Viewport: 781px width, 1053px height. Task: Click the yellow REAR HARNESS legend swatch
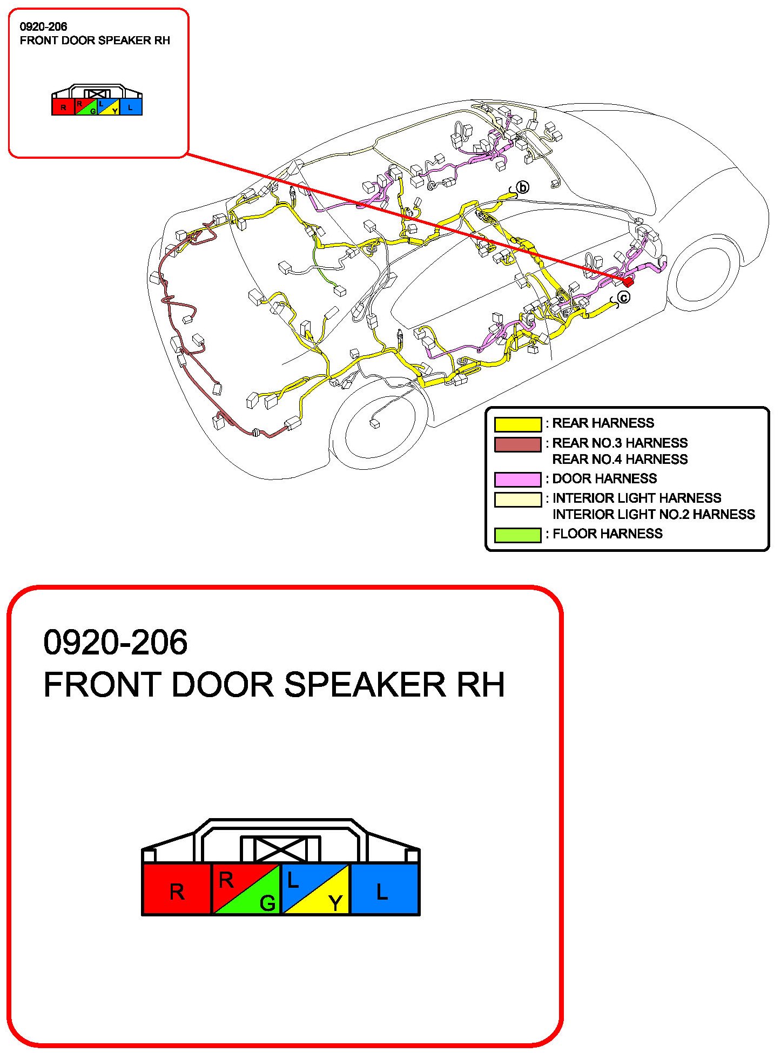517,424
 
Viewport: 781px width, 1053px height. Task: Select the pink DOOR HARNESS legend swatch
517,480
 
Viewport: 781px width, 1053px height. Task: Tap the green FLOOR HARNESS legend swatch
517,535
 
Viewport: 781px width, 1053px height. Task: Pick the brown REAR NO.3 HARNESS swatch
517,444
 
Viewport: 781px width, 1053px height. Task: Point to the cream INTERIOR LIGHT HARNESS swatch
517,500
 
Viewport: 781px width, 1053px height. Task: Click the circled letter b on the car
522,187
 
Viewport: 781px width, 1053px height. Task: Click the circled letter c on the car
623,298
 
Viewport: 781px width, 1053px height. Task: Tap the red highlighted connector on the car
628,281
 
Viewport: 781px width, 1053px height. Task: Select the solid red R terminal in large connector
177,889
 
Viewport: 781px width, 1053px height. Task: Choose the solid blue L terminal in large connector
384,889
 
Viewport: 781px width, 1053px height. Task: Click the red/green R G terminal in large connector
246,889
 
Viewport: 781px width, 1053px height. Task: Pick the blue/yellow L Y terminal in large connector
315,889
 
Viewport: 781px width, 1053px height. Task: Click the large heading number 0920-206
115,643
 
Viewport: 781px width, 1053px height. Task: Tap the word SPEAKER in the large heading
365,685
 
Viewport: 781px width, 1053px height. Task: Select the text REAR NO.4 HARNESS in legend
620,460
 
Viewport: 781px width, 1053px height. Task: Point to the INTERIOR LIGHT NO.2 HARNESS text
653,515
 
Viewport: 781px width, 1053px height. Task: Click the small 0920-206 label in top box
43,26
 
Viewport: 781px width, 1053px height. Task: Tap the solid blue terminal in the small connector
131,107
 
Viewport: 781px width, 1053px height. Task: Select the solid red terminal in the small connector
63,107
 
